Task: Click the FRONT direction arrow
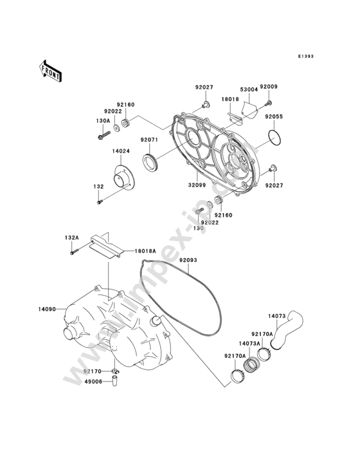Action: click(x=50, y=71)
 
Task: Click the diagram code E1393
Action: click(x=306, y=56)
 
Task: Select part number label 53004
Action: click(x=249, y=89)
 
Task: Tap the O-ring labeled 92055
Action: click(x=274, y=137)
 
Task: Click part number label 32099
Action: click(x=197, y=185)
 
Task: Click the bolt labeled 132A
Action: click(x=74, y=252)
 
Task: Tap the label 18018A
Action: click(x=145, y=250)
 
